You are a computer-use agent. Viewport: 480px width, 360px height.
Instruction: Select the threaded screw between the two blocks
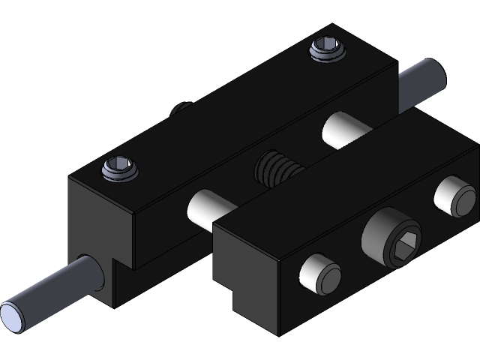[x=278, y=168]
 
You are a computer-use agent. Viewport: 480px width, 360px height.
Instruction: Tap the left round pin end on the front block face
[x=319, y=275]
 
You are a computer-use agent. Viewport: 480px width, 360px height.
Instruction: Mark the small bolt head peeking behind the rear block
[x=178, y=109]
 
